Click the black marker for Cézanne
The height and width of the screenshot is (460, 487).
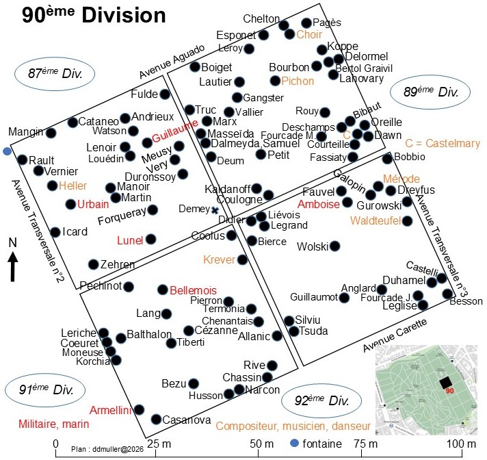coord(189,331)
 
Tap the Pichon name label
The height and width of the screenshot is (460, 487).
coord(298,81)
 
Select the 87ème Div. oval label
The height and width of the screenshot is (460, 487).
coord(55,74)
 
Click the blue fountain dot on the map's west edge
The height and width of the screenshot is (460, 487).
coord(7,152)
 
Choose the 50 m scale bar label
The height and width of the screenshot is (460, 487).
coord(261,444)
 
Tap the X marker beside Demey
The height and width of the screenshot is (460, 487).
coord(215,210)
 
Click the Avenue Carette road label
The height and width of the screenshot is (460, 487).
coord(395,335)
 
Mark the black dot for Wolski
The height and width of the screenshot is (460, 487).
coord(334,246)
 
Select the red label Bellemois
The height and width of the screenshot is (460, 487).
coord(193,290)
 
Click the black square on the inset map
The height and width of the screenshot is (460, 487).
coord(446,382)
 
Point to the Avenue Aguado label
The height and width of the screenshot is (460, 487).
coord(172,62)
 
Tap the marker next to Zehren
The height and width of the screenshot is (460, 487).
coord(94,264)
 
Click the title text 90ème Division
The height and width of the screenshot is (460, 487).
coord(94,15)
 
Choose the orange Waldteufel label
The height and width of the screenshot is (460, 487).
coord(376,220)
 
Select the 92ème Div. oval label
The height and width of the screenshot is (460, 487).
coord(321,400)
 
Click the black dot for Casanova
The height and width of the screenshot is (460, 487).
coord(156,420)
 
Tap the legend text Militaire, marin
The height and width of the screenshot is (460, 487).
coord(54,424)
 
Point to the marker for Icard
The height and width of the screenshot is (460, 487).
coord(55,232)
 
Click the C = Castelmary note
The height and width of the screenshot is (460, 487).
coord(443,143)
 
